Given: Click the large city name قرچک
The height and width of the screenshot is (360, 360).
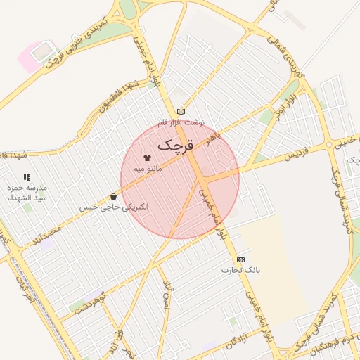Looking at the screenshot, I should (175, 146).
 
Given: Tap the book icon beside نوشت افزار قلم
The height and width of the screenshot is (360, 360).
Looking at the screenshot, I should (181, 112).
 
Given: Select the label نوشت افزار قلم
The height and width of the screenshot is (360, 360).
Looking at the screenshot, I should (181, 122).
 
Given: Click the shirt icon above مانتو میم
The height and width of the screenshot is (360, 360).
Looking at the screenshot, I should (148, 157).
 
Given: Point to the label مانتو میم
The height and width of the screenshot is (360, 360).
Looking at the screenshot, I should (148, 169).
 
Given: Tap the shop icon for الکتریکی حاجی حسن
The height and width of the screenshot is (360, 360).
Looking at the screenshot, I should (114, 196).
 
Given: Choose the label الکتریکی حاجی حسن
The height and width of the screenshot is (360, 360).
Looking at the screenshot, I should (114, 207).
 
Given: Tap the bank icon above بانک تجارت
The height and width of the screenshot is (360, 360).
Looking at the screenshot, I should (241, 259).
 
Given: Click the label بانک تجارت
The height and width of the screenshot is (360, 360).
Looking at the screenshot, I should (241, 270).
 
